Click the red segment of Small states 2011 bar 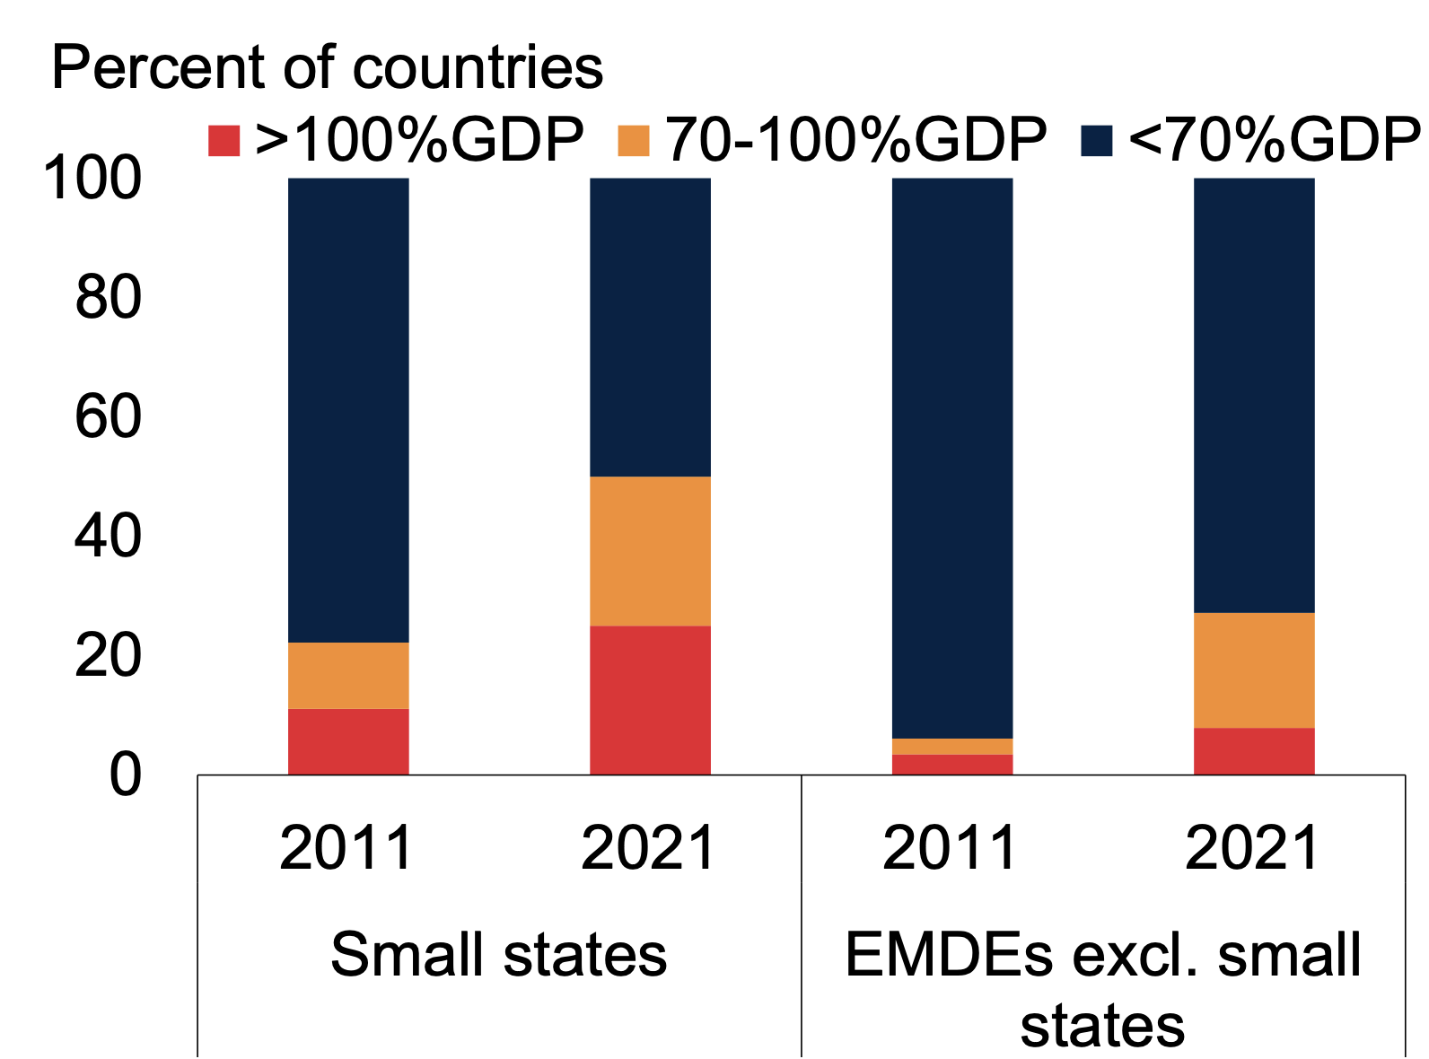tap(348, 741)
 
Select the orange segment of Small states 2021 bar tap(650, 551)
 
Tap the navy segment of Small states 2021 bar tap(650, 328)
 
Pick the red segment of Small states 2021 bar tap(650, 700)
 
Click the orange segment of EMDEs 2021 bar tap(1254, 670)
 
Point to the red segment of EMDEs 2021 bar tap(1254, 751)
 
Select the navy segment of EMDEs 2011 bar tap(952, 458)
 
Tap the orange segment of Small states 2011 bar tap(348, 676)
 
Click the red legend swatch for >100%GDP tap(224, 141)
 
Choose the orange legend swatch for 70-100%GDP tap(634, 141)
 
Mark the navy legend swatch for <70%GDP tap(1097, 141)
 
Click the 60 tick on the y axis tap(108, 416)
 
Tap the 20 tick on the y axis tap(108, 655)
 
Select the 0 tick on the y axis tap(126, 775)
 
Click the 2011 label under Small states tap(346, 848)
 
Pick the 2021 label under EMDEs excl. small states tap(1252, 848)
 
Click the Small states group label tap(498, 954)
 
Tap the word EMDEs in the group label tap(949, 954)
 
